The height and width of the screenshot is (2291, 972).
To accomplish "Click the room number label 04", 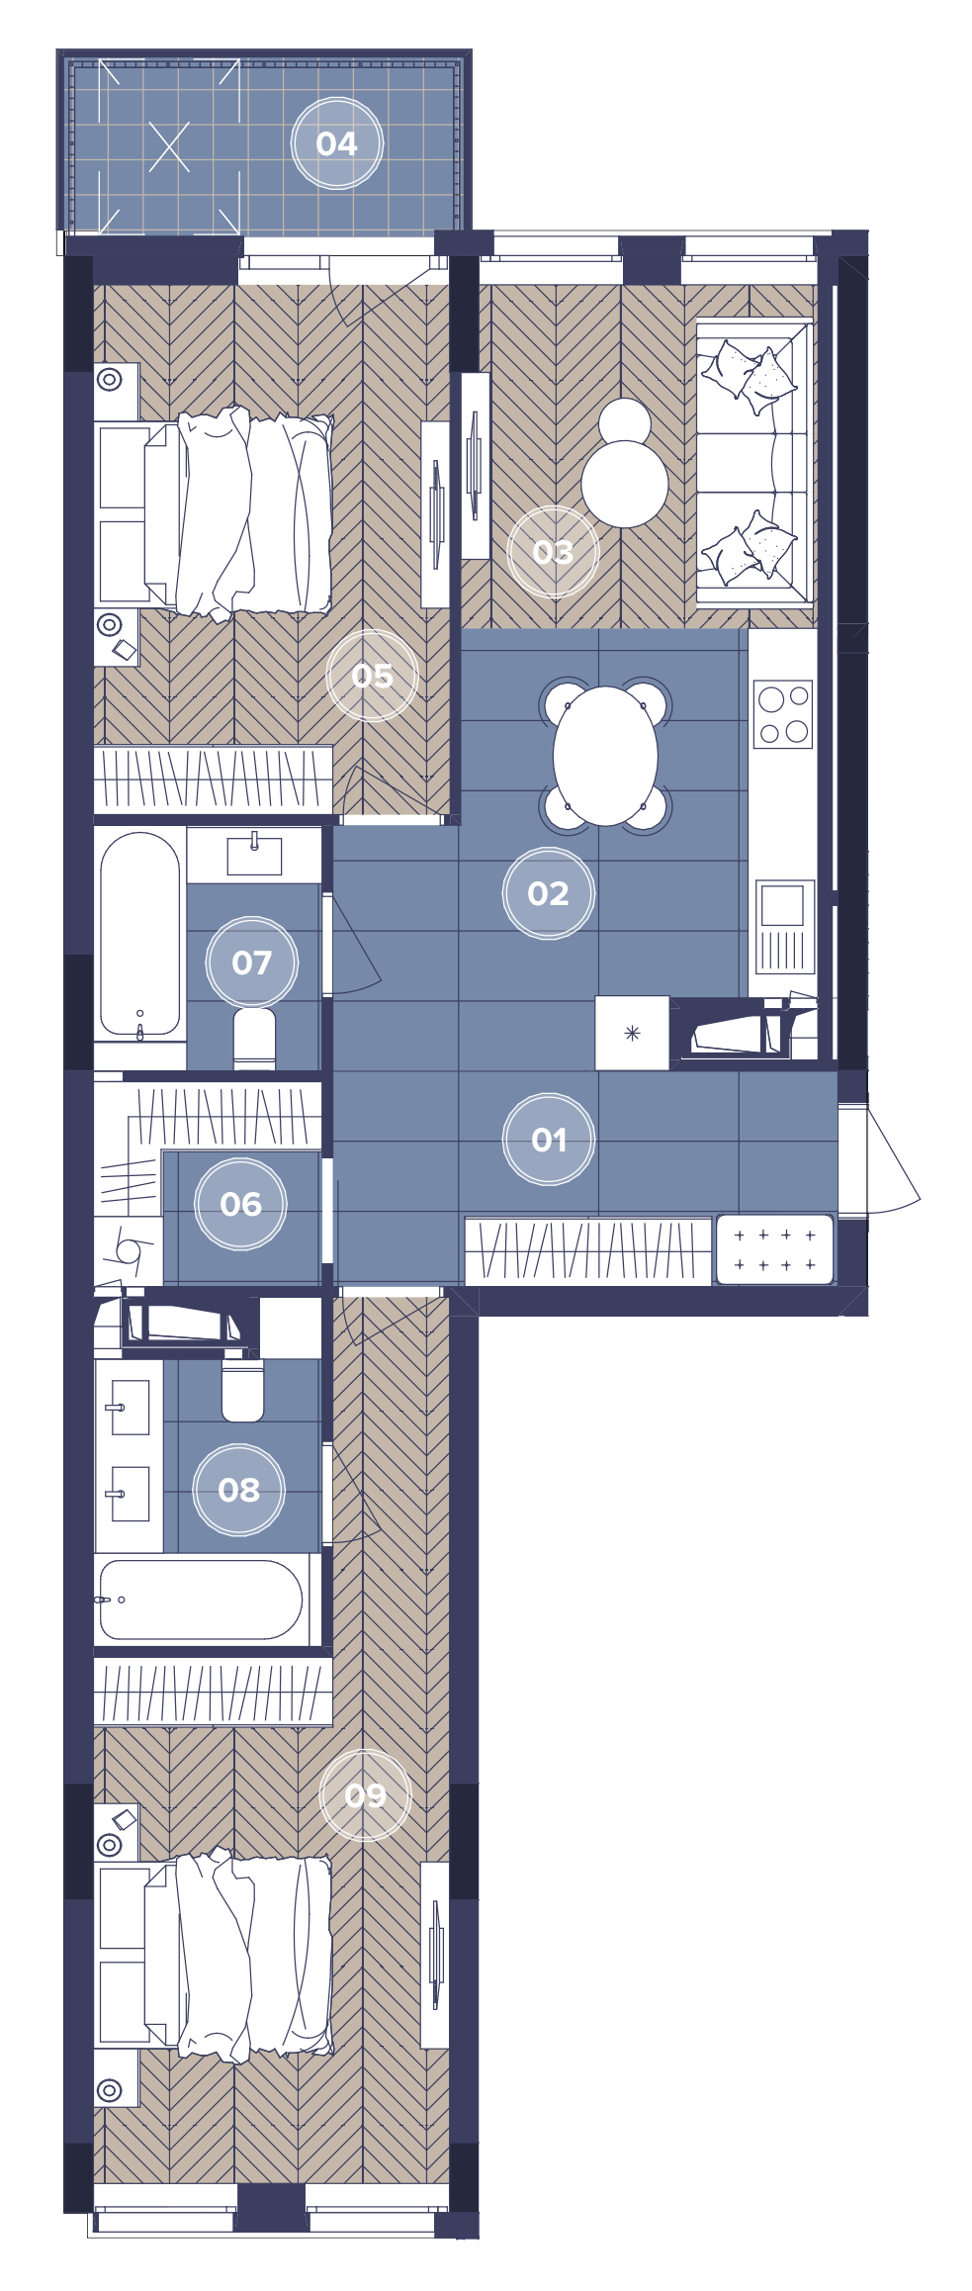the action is (x=336, y=144).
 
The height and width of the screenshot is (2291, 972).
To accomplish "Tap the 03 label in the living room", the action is (x=553, y=552).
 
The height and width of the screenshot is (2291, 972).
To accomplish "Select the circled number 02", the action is (x=548, y=894).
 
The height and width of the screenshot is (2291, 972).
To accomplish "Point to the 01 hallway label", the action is (x=549, y=1141).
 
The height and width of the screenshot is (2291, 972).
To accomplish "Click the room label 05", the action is (x=372, y=677).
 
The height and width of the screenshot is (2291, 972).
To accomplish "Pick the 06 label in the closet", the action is (x=240, y=1204).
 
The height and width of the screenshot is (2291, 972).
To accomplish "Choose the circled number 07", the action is (x=251, y=962).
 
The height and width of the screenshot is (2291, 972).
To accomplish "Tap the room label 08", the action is (x=238, y=1490).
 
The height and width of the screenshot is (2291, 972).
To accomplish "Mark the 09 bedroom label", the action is (x=365, y=1795).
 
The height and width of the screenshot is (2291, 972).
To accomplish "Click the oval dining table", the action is (x=605, y=756).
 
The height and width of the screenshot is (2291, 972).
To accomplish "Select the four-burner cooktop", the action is (x=783, y=714).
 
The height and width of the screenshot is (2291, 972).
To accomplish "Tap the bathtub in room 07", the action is (x=139, y=935).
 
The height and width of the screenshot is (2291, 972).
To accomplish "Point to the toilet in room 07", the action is (x=254, y=1038).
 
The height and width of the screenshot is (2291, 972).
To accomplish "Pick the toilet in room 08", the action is (x=242, y=1390).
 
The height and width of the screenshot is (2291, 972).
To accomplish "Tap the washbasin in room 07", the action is (x=254, y=855).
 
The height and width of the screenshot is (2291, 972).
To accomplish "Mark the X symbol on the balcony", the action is (x=169, y=146).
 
